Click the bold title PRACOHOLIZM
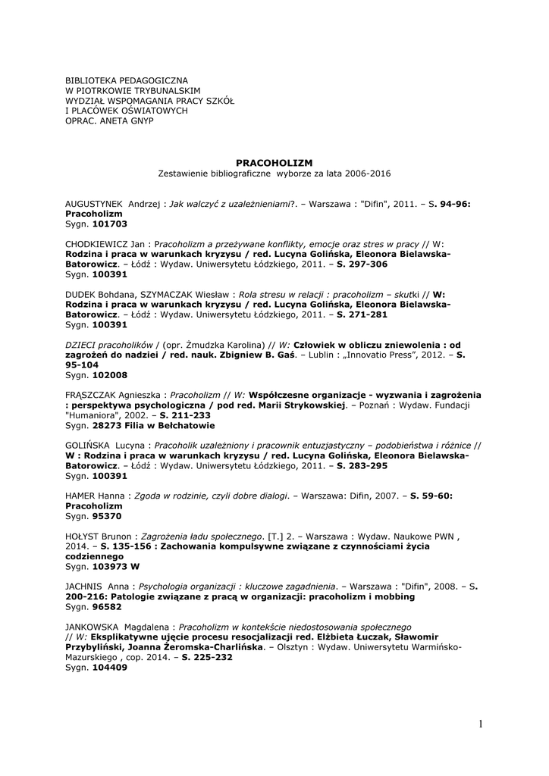click(274, 163)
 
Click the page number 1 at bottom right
click(481, 724)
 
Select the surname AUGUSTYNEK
click(95, 205)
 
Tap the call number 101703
click(109, 224)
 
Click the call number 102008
click(109, 374)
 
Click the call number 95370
click(106, 516)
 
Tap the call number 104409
click(109, 667)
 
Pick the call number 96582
click(106, 607)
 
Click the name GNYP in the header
click(142, 120)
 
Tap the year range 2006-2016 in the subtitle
click(366, 174)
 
